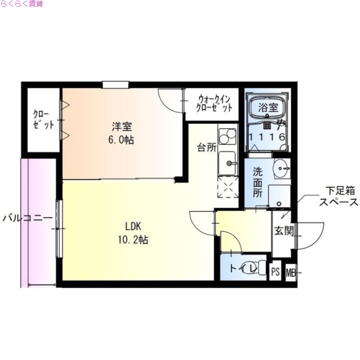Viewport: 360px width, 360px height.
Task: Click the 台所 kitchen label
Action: [x=207, y=148]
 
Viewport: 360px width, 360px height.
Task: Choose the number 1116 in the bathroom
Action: [x=267, y=137]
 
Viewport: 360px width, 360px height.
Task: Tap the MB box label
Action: [x=291, y=272]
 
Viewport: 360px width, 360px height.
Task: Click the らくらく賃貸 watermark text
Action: [x=22, y=4]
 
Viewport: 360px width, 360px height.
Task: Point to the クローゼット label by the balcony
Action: [x=44, y=119]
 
